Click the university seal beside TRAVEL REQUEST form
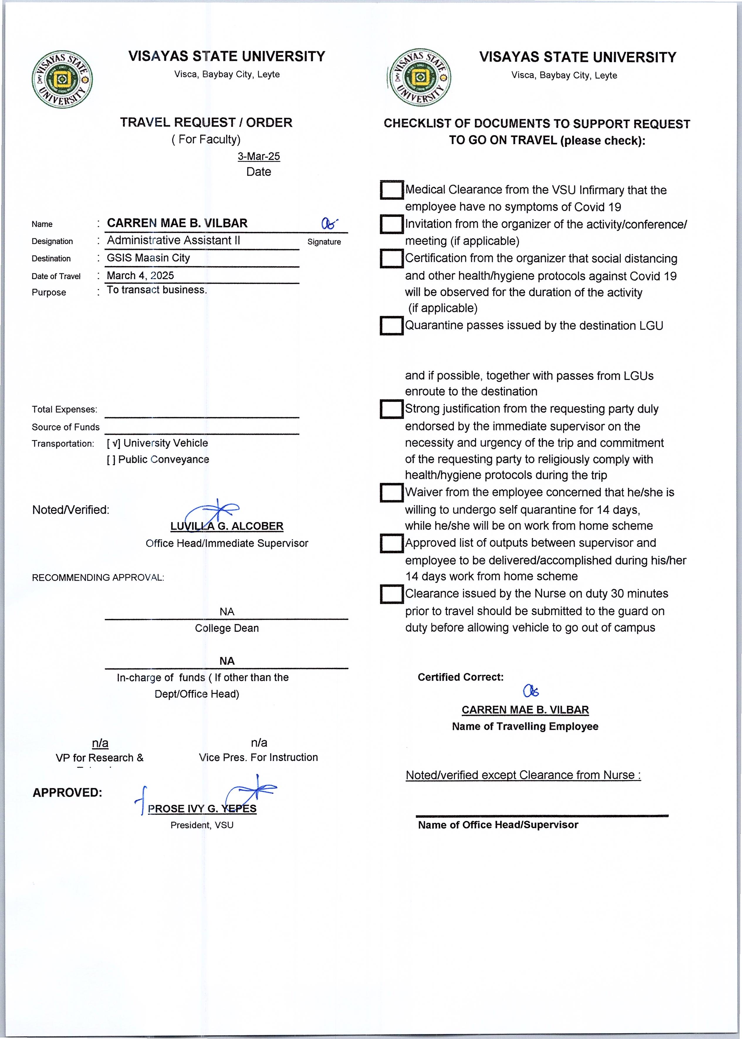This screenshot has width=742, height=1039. click(x=62, y=80)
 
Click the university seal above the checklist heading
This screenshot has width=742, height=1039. click(x=420, y=78)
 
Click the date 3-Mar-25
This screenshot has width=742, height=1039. click(x=258, y=156)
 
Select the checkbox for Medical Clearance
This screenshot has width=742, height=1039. click(x=392, y=190)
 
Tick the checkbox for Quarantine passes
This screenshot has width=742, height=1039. click(x=392, y=326)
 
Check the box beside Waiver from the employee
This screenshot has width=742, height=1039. click(x=392, y=493)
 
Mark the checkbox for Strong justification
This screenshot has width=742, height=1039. click(x=392, y=409)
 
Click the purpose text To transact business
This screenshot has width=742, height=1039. click(x=157, y=290)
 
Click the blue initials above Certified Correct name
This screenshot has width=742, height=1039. click(x=531, y=691)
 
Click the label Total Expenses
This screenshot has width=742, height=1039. click(x=65, y=410)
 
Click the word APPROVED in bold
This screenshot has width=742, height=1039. click(x=67, y=793)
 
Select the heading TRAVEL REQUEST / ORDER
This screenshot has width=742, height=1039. click(x=206, y=122)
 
